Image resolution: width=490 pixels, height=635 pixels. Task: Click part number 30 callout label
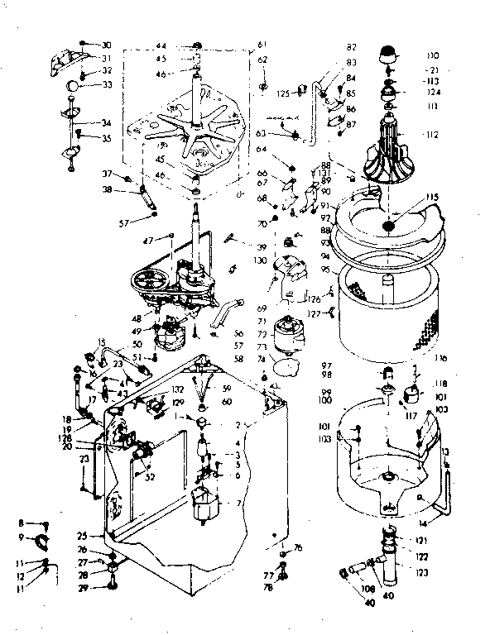tap(106, 44)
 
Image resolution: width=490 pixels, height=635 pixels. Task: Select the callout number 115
tap(432, 198)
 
